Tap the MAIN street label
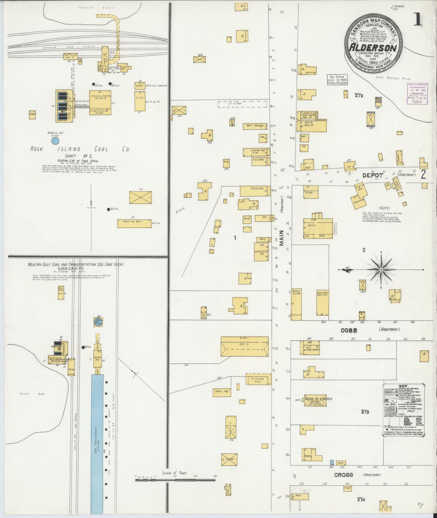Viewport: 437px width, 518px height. (x=282, y=238)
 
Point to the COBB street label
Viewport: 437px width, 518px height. (x=349, y=331)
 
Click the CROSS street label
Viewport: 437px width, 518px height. (x=344, y=475)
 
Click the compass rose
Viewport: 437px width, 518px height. (x=381, y=269)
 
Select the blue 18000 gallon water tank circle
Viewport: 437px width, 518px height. (x=55, y=141)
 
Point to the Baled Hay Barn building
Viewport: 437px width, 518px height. (x=134, y=223)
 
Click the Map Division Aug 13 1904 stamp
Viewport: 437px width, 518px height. (x=337, y=79)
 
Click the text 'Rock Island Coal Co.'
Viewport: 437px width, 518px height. (x=80, y=149)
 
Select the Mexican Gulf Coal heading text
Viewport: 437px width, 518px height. (x=75, y=264)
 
